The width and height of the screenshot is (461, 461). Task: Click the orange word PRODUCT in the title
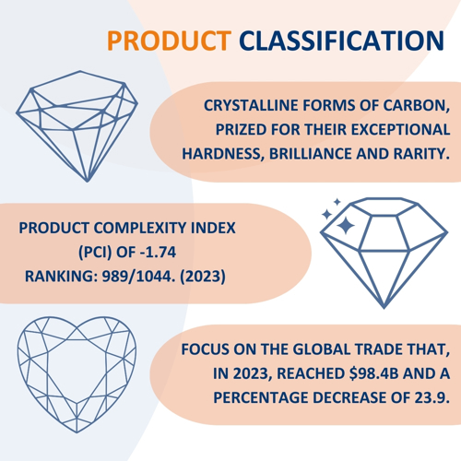click(169, 41)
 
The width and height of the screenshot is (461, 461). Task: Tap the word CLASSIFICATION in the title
click(342, 41)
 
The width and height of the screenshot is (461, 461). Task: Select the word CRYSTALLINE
click(251, 105)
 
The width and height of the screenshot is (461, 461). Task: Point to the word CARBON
click(417, 106)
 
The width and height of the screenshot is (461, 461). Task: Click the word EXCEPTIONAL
click(401, 129)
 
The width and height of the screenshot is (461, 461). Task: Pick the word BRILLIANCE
click(311, 154)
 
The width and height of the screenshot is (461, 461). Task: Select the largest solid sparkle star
click(346, 225)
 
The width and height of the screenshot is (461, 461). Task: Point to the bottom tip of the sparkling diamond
click(384, 308)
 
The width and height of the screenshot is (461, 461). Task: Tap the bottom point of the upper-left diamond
click(88, 182)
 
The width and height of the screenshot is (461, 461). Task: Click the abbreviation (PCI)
click(95, 253)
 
